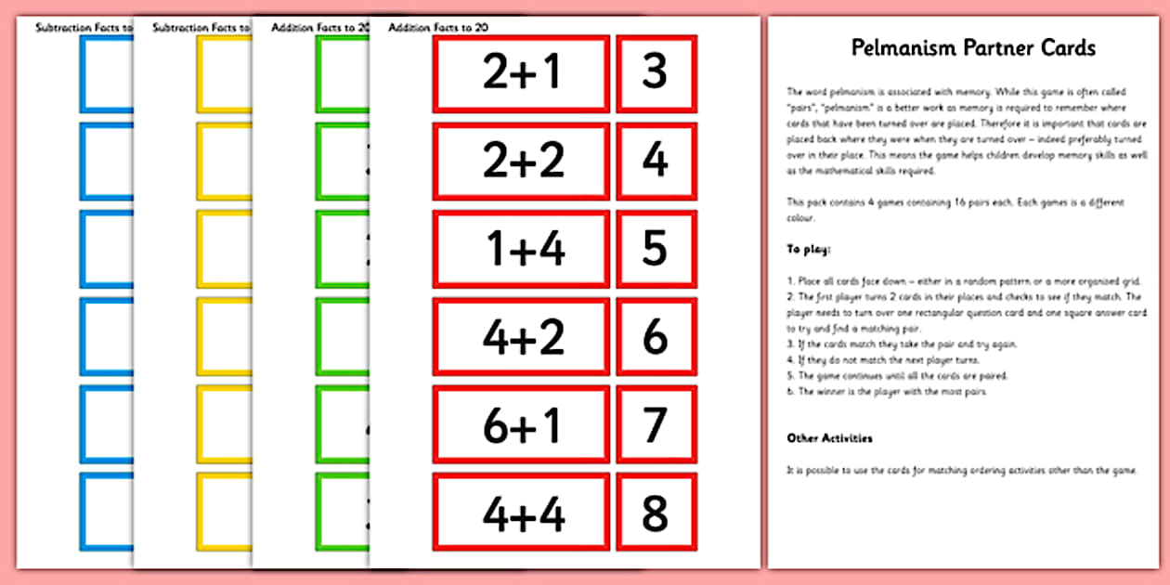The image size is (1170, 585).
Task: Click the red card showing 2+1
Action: (521, 72)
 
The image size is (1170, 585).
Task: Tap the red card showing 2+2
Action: (521, 161)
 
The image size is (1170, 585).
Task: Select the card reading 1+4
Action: (521, 248)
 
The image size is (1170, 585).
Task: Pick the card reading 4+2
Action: (521, 336)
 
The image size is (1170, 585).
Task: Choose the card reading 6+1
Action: (521, 424)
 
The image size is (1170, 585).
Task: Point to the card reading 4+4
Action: (521, 513)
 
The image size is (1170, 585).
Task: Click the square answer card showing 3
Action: (656, 72)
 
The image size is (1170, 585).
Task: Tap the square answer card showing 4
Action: (656, 161)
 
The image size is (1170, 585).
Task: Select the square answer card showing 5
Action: (656, 248)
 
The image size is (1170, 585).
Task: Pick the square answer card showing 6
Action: (656, 336)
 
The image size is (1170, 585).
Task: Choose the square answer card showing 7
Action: (656, 424)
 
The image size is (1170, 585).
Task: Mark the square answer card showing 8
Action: (656, 513)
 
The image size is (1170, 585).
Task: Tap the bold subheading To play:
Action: (809, 250)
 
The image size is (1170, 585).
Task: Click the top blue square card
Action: (106, 72)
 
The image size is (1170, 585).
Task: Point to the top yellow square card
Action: (223, 72)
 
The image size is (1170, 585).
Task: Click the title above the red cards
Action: (438, 28)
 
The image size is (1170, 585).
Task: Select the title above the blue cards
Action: (84, 28)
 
